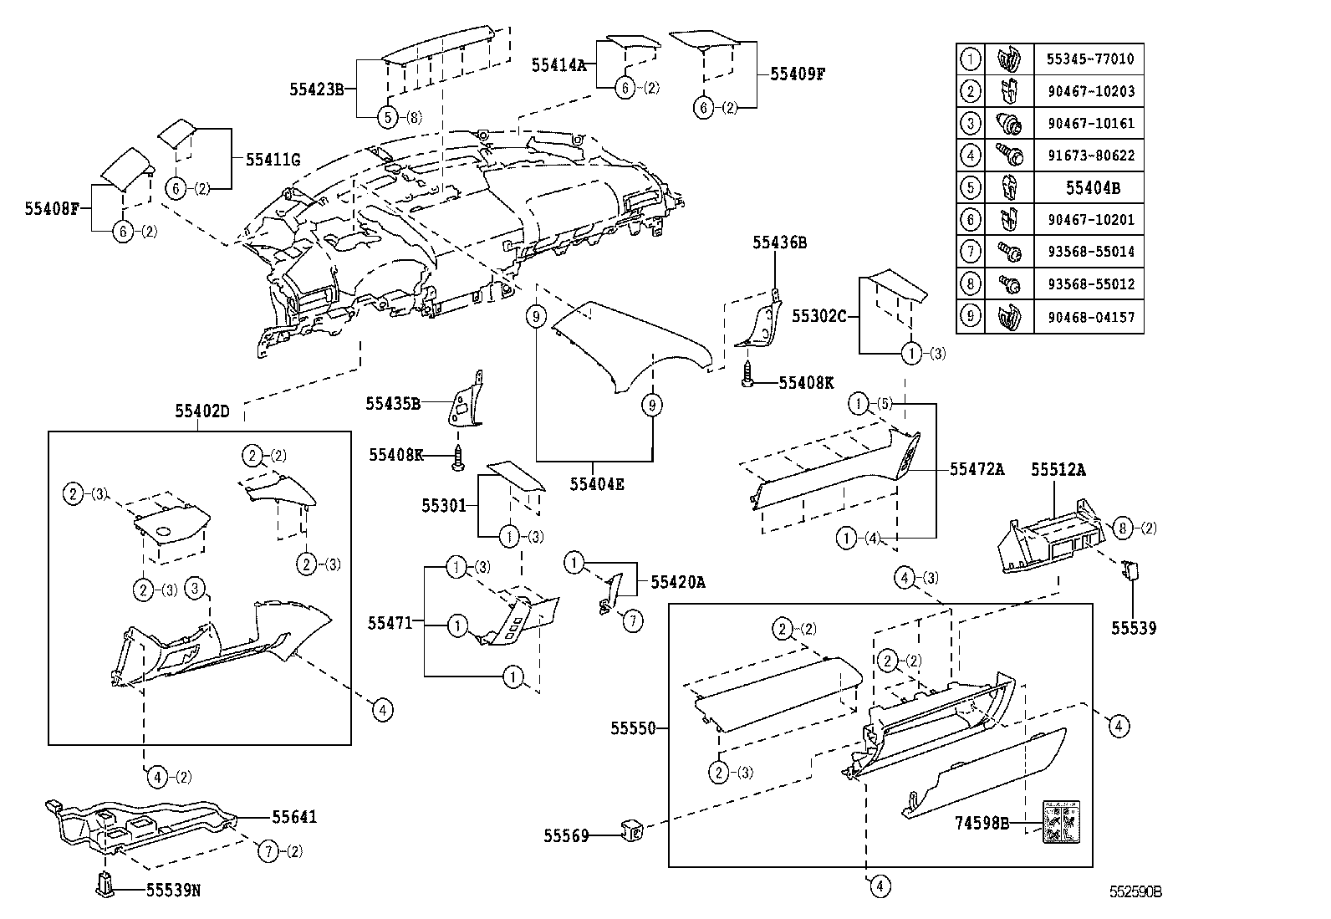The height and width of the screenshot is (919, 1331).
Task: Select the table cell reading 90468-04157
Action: (1090, 317)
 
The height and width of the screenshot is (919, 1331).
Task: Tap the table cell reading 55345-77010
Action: (1090, 59)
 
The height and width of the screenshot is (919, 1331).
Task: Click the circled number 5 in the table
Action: (970, 187)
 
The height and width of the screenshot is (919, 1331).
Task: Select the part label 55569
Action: (566, 835)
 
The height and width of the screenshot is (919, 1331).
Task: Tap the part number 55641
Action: (293, 817)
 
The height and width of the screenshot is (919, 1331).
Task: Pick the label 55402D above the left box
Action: (201, 411)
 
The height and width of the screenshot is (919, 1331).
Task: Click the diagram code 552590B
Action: (1135, 891)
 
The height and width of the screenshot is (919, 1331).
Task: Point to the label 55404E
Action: (597, 483)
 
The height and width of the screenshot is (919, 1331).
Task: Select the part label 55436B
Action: (779, 243)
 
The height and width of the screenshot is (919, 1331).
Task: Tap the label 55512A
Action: (1058, 470)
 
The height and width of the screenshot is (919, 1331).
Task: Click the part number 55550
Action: (633, 728)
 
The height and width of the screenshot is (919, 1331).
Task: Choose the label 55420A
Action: (677, 582)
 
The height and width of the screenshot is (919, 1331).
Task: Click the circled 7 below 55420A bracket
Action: (633, 620)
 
